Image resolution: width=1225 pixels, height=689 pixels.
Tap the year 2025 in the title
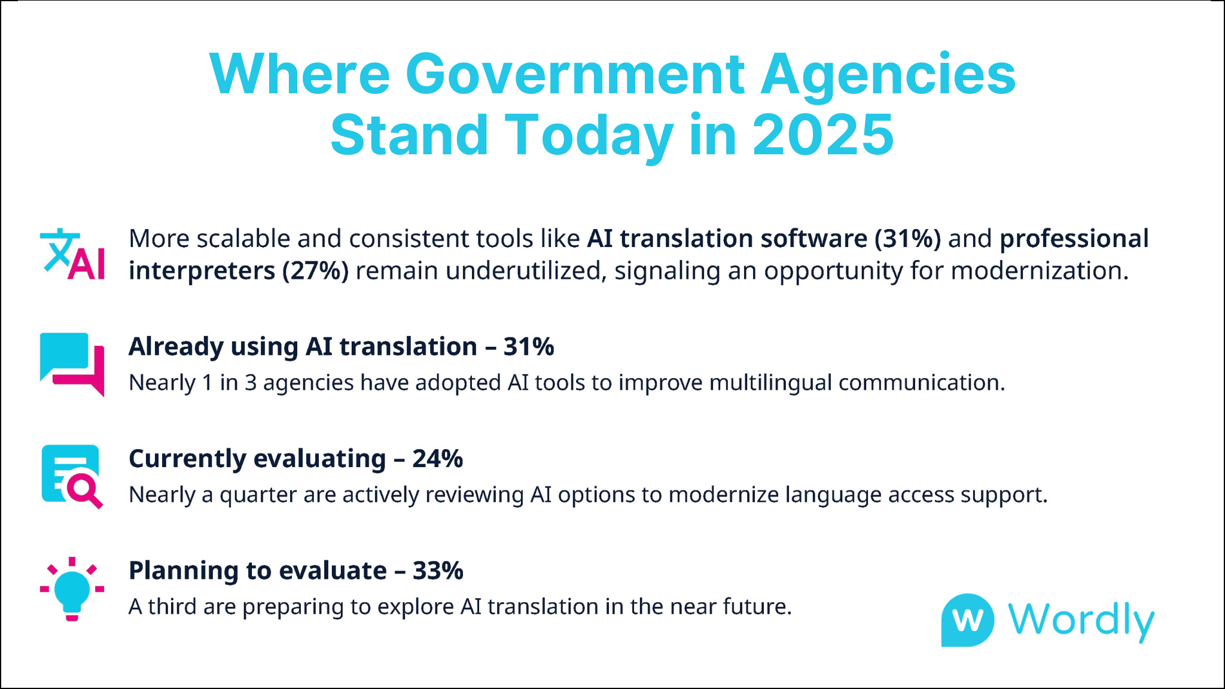[822, 135]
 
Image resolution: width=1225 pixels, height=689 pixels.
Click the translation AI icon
[72, 254]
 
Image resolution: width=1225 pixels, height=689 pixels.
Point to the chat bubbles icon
[72, 364]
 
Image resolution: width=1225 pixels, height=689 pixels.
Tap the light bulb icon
[72, 589]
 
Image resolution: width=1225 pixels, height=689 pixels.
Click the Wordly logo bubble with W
[967, 620]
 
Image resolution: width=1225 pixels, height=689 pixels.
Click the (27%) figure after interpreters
[315, 271]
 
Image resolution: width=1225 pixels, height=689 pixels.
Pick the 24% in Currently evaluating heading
[438, 459]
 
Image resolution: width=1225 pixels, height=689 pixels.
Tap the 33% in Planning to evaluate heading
[438, 571]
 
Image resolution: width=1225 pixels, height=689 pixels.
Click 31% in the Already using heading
[529, 347]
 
